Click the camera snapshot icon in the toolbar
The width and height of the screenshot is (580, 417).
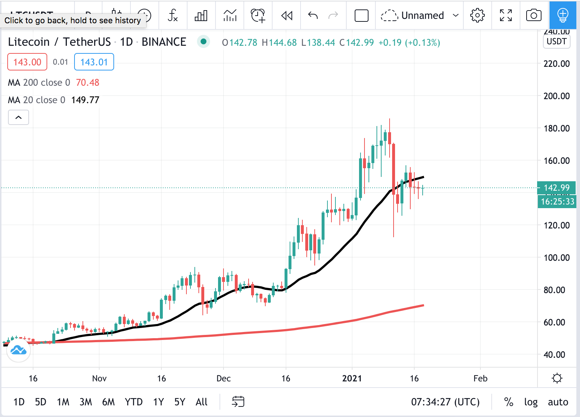[533, 15]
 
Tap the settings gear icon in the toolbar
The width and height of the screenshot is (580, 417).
[477, 15]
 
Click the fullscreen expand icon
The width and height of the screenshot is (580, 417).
[506, 15]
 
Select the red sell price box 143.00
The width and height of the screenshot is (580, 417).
[27, 62]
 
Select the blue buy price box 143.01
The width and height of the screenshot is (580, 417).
[94, 62]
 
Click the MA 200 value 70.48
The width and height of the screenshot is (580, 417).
[87, 82]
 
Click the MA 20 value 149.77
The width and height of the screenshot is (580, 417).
[85, 100]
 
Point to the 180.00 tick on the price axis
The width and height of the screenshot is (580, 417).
[556, 128]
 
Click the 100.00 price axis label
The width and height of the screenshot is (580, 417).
[556, 258]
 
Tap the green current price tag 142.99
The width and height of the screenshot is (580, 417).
[556, 188]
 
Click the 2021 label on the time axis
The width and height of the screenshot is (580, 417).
[352, 378]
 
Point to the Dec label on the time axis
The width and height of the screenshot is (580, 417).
[223, 378]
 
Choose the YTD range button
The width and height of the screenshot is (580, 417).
[133, 402]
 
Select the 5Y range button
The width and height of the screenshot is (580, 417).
[180, 402]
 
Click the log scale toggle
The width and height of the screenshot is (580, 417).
[531, 402]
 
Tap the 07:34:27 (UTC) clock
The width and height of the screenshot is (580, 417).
[445, 402]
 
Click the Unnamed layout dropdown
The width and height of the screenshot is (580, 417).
[420, 15]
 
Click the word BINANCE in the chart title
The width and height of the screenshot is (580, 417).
[164, 42]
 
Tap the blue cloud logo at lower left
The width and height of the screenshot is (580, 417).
[18, 351]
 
